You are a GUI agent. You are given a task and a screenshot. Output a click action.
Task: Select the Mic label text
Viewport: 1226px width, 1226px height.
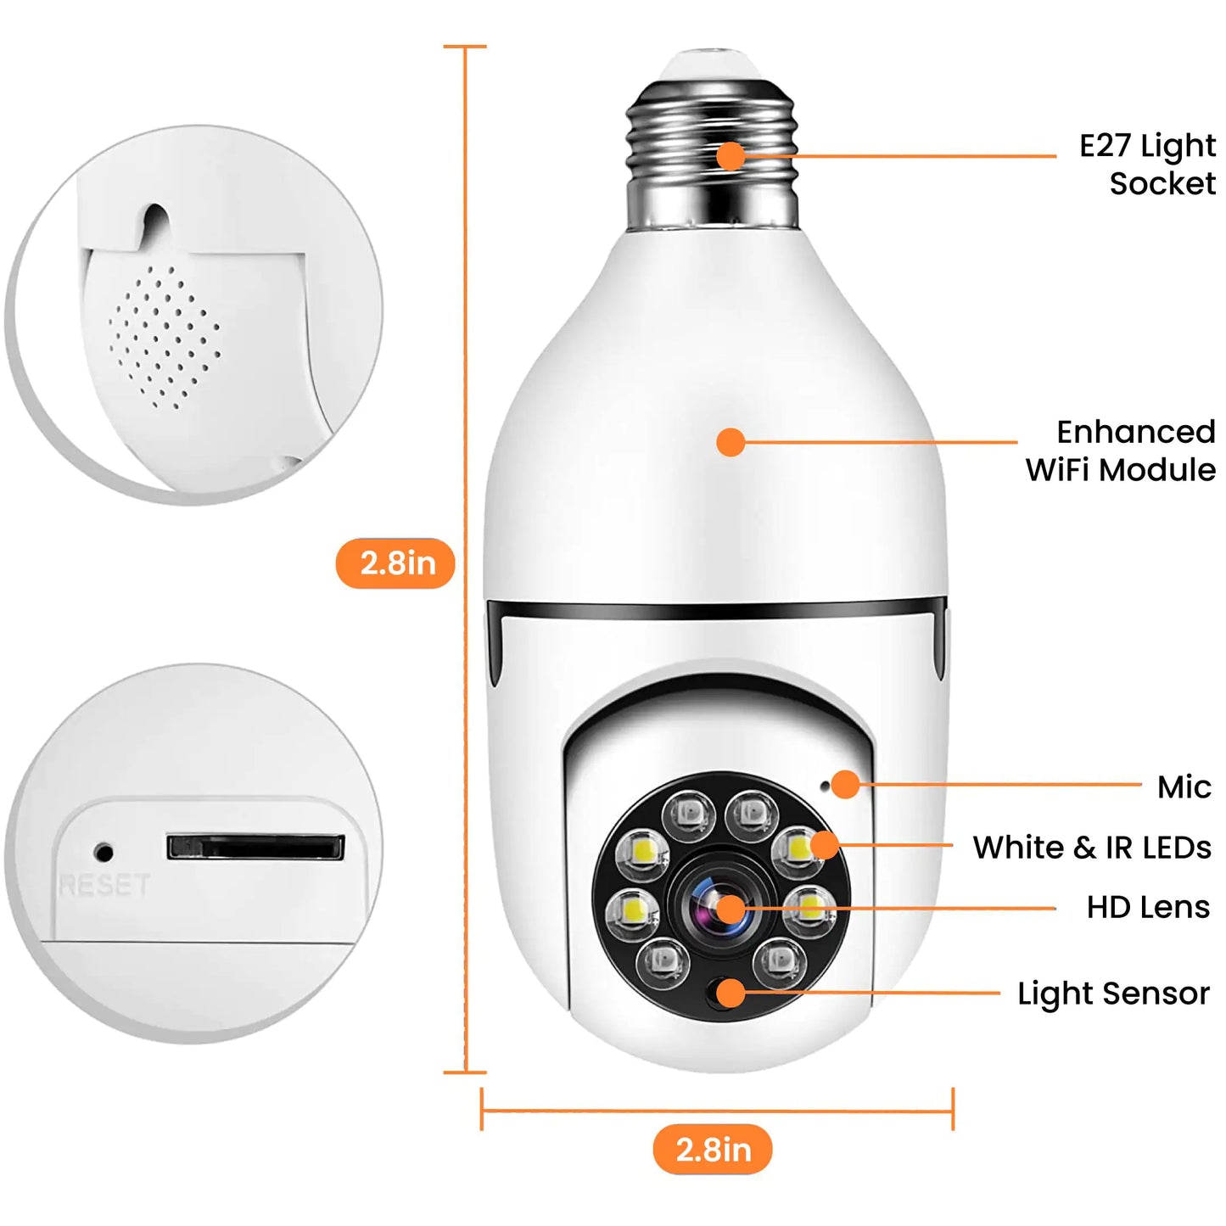pos(1184,787)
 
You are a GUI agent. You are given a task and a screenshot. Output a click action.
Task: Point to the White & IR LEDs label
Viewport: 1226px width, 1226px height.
pos(1092,848)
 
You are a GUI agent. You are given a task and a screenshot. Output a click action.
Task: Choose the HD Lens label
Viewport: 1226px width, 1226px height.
pos(1148,907)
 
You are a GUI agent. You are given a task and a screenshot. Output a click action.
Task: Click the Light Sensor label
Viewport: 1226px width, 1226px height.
pos(1113,994)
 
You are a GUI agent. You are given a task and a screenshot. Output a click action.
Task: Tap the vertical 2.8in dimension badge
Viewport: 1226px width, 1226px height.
pos(396,563)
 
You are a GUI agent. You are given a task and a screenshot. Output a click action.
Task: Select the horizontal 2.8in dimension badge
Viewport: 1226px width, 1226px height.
pos(713,1150)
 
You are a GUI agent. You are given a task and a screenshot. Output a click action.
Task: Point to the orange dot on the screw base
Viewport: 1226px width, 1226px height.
pos(730,156)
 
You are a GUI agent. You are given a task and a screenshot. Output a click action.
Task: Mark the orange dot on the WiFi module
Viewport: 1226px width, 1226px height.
pos(730,442)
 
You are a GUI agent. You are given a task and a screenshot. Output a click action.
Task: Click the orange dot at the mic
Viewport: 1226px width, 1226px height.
pos(845,784)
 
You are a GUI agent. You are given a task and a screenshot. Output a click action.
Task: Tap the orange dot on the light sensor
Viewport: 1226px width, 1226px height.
pos(730,992)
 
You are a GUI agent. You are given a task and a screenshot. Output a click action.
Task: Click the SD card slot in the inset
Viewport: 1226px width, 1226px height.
pos(255,847)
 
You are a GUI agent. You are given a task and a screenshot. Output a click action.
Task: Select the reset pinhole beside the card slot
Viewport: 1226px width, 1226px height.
pos(104,851)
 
